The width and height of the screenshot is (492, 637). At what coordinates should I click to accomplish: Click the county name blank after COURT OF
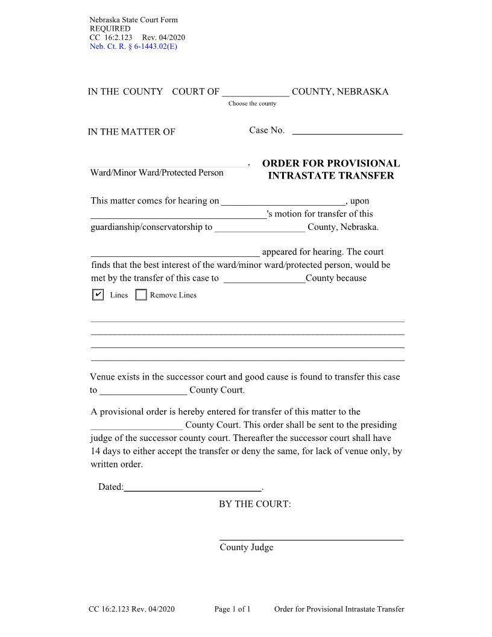tap(256, 92)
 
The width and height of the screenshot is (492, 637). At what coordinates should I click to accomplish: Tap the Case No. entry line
tap(347, 130)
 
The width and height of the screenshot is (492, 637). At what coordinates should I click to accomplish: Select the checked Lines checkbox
tap(98, 295)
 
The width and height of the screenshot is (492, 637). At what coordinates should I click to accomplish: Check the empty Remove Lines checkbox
tap(141, 295)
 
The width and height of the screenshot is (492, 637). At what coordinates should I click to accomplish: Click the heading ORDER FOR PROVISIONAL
tap(331, 163)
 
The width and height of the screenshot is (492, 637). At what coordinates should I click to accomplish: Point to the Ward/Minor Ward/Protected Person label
tap(157, 173)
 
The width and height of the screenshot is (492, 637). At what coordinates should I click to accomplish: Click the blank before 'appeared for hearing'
tap(175, 252)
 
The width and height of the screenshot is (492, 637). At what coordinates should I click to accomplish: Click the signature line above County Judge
tap(311, 537)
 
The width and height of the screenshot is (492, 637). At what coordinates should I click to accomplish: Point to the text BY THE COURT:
tap(254, 504)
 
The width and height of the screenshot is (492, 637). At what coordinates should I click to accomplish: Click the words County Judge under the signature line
tap(246, 547)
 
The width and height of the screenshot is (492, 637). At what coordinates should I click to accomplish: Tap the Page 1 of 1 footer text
tap(232, 609)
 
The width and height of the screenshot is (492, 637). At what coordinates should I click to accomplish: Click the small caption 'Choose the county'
tap(252, 104)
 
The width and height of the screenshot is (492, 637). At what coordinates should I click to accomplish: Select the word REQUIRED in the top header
tap(110, 28)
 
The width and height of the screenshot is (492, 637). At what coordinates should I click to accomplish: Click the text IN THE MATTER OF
tap(131, 132)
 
